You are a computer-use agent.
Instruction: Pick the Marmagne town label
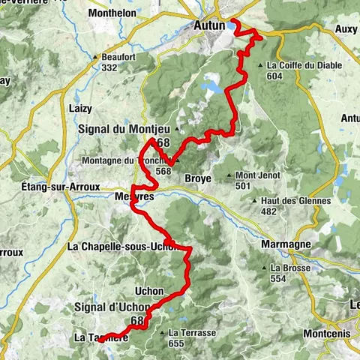tap(283, 244)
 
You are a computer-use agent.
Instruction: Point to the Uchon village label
tap(148, 289)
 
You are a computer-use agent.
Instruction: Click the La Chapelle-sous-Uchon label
tap(122, 246)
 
